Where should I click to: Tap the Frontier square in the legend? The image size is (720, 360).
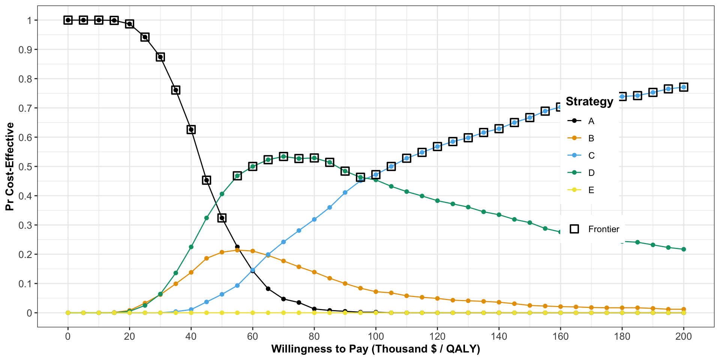pyautogui.click(x=574, y=229)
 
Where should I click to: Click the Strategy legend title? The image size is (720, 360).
pyautogui.click(x=589, y=102)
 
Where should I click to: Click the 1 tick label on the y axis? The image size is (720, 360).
pyautogui.click(x=29, y=20)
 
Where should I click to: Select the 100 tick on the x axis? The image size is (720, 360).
pyautogui.click(x=376, y=336)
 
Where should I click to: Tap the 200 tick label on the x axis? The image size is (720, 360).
pyautogui.click(x=684, y=336)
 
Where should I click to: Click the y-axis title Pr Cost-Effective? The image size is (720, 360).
pyautogui.click(x=10, y=166)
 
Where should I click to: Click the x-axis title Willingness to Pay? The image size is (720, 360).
pyautogui.click(x=375, y=349)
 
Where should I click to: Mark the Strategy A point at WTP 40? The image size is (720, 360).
pyautogui.click(x=191, y=130)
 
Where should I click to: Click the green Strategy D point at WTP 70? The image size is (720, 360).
pyautogui.click(x=283, y=156)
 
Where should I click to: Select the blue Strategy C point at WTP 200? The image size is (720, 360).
pyautogui.click(x=684, y=87)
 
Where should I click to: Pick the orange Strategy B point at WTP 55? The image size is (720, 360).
pyautogui.click(x=237, y=250)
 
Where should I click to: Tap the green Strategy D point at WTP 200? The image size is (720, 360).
pyautogui.click(x=684, y=249)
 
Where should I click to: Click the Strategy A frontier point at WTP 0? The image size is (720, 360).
pyautogui.click(x=68, y=20)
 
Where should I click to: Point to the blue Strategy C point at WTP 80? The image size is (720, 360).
pyautogui.click(x=314, y=219)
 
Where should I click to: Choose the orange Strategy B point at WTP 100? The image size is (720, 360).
pyautogui.click(x=376, y=292)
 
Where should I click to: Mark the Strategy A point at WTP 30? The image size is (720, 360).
pyautogui.click(x=160, y=57)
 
